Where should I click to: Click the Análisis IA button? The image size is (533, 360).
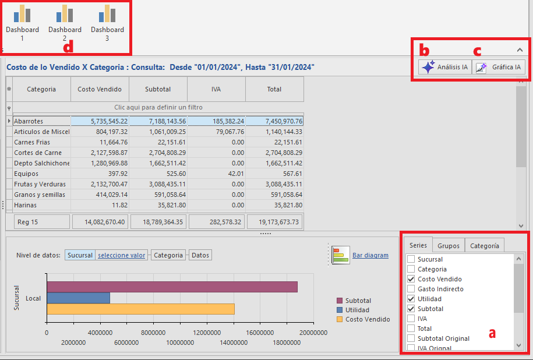(x=445, y=67)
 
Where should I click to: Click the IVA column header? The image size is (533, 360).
(x=216, y=89)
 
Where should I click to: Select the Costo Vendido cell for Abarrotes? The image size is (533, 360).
(x=100, y=121)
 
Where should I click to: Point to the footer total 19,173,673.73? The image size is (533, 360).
(x=278, y=222)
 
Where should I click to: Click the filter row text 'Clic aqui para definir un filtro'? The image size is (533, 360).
(x=158, y=107)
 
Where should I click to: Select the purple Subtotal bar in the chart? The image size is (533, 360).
(x=172, y=287)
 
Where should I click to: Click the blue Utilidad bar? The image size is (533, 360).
(x=79, y=298)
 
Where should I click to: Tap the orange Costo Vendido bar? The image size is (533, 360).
(x=141, y=309)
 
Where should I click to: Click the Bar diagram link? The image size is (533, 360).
(x=370, y=255)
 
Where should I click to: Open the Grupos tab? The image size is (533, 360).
(x=449, y=245)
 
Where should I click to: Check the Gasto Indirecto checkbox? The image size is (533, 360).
(x=411, y=289)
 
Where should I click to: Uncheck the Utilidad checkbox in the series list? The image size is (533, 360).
(x=411, y=299)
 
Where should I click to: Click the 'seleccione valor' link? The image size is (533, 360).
(x=121, y=255)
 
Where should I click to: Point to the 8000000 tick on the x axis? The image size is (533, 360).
(x=153, y=333)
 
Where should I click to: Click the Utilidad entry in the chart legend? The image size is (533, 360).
(x=357, y=310)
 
